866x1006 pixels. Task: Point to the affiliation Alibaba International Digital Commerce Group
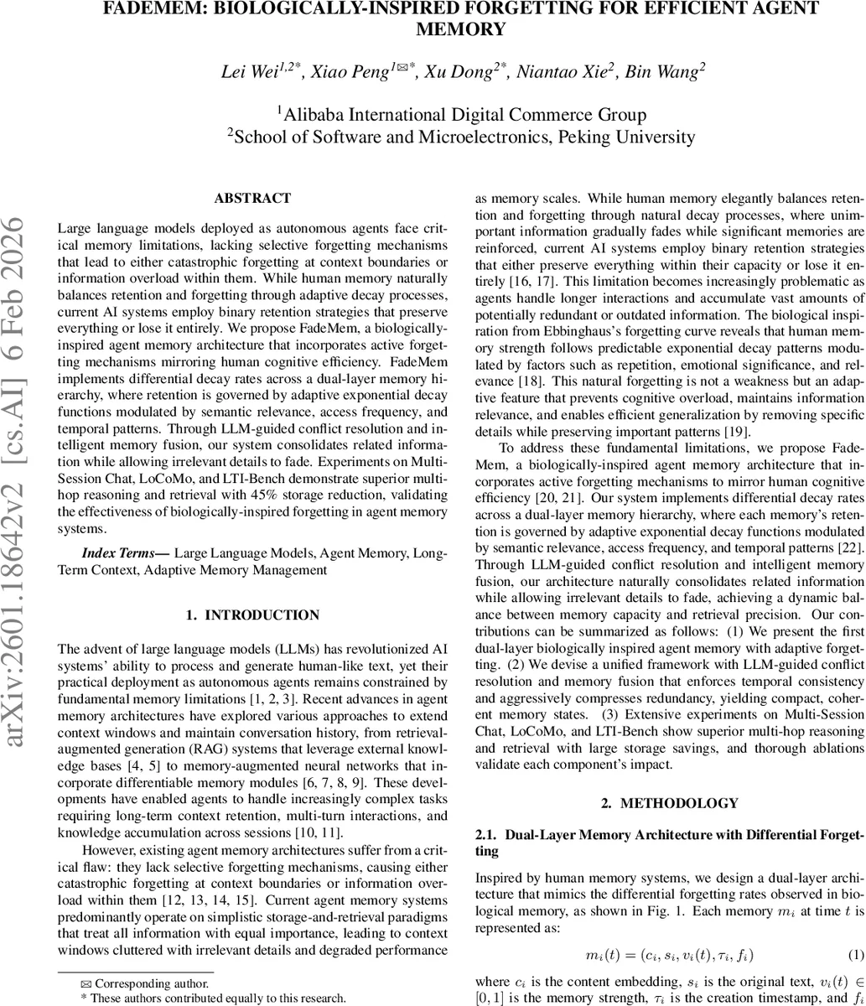[x=463, y=114]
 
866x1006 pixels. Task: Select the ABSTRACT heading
[x=252, y=199]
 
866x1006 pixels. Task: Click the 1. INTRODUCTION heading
[x=252, y=615]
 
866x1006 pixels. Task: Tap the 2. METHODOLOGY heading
[x=670, y=803]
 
